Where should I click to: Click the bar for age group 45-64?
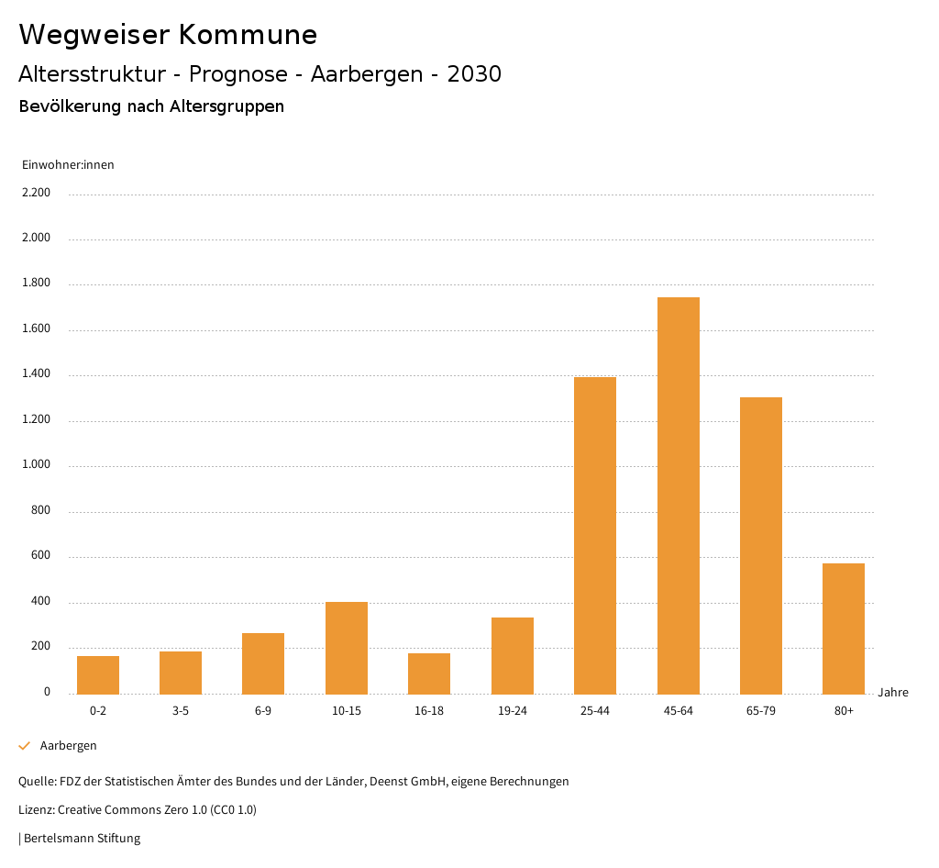coord(678,495)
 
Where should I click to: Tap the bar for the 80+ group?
coord(844,629)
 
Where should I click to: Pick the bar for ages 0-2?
coord(98,674)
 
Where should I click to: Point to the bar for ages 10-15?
coord(347,648)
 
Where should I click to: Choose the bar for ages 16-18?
coord(429,673)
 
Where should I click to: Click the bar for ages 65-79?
coord(761,545)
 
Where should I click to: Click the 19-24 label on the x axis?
coord(512,711)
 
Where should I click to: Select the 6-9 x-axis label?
coord(263,711)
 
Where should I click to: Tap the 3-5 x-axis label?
coord(181,711)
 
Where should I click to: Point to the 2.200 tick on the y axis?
coord(36,193)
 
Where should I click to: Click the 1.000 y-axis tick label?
coord(36,465)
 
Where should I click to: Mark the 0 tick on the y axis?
coord(47,692)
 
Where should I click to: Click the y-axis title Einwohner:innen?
coord(68,165)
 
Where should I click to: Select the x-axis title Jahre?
coord(893,693)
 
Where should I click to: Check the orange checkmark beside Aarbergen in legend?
coord(25,746)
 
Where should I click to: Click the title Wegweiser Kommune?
coord(168,35)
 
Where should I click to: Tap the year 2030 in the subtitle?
coord(474,74)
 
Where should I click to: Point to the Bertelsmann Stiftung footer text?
coord(82,838)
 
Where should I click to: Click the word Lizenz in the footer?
coord(36,810)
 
